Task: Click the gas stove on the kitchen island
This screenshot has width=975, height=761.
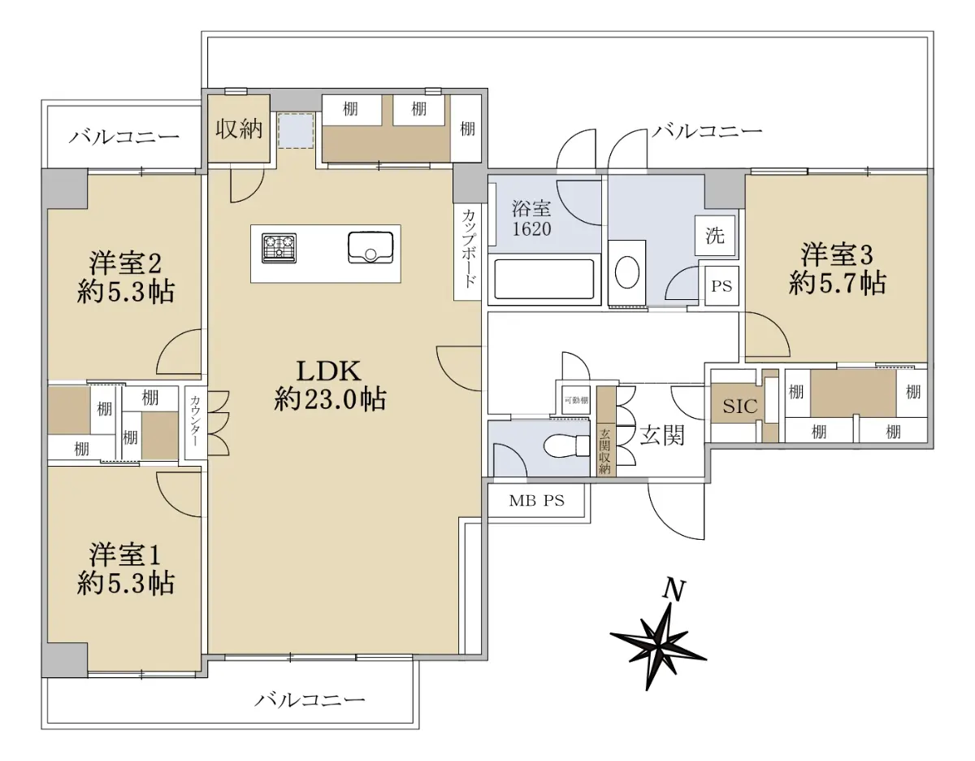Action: [279, 248]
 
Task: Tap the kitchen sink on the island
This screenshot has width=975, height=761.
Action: [370, 247]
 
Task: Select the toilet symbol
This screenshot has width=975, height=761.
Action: [566, 446]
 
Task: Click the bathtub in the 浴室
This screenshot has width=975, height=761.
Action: [544, 279]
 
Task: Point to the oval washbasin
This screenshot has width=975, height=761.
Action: [626, 272]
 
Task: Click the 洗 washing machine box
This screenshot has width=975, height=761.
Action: [715, 235]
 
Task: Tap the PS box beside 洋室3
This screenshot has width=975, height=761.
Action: [721, 286]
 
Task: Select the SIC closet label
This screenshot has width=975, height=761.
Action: [739, 407]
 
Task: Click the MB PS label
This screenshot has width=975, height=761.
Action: [536, 500]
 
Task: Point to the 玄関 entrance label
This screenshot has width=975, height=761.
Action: [662, 435]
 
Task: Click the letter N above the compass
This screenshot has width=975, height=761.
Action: [674, 590]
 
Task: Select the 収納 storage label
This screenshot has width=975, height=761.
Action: [239, 129]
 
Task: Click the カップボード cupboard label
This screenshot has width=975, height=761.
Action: [467, 248]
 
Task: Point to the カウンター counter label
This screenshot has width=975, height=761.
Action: [195, 420]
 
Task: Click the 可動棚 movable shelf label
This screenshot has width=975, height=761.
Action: [576, 400]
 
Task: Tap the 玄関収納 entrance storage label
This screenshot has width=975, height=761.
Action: [605, 451]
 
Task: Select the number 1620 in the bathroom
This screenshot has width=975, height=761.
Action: [531, 229]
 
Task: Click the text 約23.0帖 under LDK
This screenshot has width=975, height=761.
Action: [330, 398]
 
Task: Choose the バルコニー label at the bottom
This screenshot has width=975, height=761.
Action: [310, 699]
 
